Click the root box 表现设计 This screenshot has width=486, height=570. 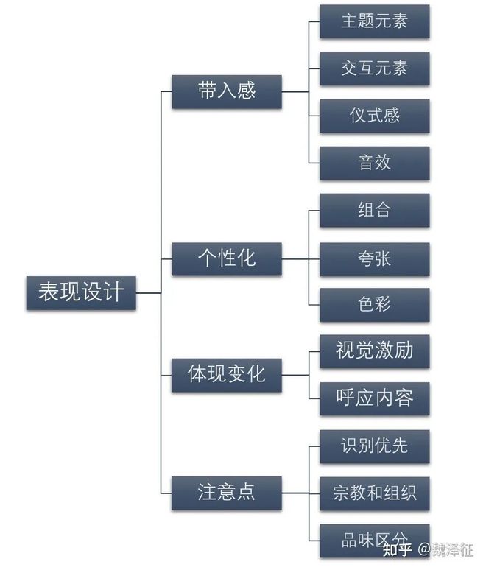(81, 292)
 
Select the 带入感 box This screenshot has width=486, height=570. (227, 91)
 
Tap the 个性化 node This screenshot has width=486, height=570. (227, 258)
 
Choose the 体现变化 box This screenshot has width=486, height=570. (227, 374)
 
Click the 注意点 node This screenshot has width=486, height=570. (227, 492)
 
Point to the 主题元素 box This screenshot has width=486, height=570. (374, 21)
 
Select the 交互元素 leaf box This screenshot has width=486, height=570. (374, 68)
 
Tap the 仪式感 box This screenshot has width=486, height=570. (374, 116)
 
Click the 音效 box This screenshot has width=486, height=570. (374, 163)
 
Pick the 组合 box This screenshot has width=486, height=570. (374, 211)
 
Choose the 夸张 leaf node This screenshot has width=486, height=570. (374, 258)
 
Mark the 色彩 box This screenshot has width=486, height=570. (374, 304)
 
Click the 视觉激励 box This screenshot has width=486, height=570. (374, 351)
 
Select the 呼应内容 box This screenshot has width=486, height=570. (374, 398)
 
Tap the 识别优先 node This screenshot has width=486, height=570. (374, 446)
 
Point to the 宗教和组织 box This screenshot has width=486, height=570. (374, 493)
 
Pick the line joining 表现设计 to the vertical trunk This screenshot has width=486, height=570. (149, 292)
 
